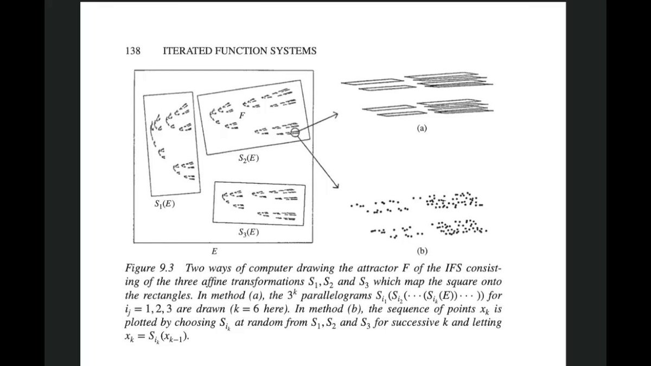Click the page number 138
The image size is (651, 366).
133,51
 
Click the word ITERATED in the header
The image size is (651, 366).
188,51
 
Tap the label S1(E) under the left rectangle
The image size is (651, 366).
164,204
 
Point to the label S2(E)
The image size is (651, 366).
248,158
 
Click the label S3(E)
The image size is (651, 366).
248,233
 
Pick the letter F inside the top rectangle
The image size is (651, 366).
242,115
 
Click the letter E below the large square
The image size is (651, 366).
214,251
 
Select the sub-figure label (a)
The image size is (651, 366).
422,128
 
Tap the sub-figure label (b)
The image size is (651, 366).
422,251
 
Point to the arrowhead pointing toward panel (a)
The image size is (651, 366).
336,114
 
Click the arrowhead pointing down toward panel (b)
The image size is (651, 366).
336,185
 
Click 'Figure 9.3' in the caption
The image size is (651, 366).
149,268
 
